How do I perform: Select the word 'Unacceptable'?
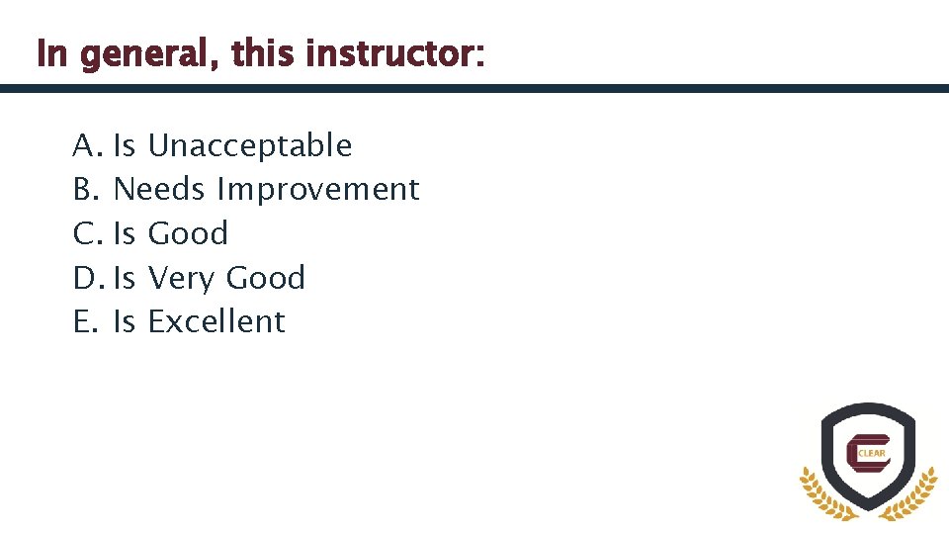[x=249, y=146]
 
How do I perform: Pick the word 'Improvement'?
[x=318, y=189]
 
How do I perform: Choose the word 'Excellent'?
[x=216, y=321]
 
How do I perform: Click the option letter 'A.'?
[x=87, y=146]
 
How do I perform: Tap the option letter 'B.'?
[x=86, y=189]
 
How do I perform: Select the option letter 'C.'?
[x=87, y=234]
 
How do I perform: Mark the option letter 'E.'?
[x=85, y=321]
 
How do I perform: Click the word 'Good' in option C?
[x=188, y=234]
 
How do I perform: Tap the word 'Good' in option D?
[x=265, y=279]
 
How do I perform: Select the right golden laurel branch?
[x=915, y=495]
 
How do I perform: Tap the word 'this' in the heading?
[x=264, y=54]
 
